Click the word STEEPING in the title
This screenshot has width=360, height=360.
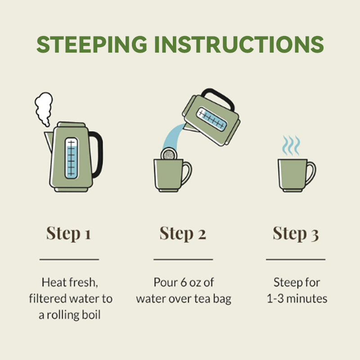click(92, 44)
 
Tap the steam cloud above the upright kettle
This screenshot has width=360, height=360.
click(44, 109)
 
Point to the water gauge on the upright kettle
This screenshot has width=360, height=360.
click(71, 158)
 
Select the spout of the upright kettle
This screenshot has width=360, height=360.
click(49, 142)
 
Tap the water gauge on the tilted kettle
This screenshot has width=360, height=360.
click(211, 119)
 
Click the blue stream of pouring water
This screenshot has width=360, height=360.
click(172, 137)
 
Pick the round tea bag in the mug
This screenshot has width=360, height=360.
click(169, 154)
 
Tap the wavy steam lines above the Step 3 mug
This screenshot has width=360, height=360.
click(291, 145)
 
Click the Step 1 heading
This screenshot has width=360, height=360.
click(69, 234)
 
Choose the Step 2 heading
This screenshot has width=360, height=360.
click(183, 234)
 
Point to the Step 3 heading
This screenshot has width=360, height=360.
click(296, 234)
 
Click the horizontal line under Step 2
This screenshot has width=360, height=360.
click(183, 260)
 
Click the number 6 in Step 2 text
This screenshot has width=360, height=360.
click(184, 283)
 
